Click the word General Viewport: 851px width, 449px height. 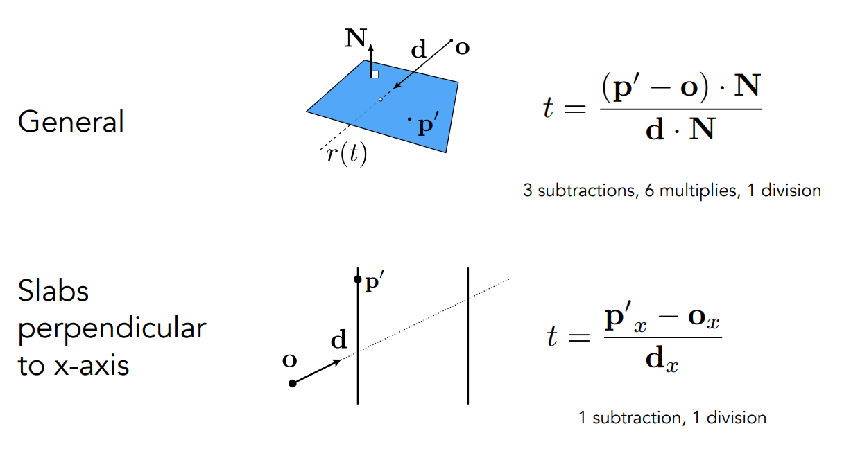tap(71, 122)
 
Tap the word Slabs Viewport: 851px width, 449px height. tap(53, 291)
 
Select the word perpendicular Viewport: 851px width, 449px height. tap(112, 328)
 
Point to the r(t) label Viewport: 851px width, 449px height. tap(346, 153)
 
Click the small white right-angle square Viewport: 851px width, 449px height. tap(375, 73)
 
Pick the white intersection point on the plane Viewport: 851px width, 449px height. tap(381, 100)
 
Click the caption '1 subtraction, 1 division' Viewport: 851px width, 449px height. tap(672, 418)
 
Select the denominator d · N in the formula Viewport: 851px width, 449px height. tap(680, 129)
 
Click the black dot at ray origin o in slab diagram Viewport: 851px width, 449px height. tap(293, 383)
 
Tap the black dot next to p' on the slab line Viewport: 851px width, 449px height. tap(357, 280)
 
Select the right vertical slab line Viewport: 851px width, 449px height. tap(468, 335)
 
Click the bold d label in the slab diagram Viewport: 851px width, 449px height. tap(338, 340)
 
